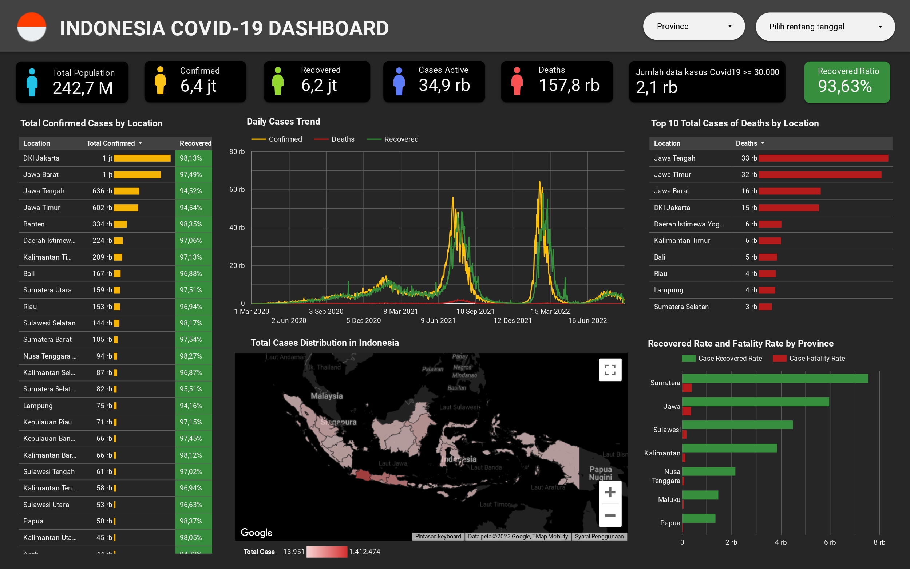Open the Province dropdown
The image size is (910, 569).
click(x=693, y=26)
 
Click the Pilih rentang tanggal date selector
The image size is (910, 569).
click(x=824, y=27)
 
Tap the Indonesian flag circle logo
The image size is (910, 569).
click(x=32, y=27)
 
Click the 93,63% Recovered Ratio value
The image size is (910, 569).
click(x=844, y=87)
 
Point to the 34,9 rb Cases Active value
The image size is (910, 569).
click(x=444, y=86)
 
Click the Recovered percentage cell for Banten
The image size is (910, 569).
click(x=191, y=224)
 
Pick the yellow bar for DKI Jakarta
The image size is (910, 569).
click(x=142, y=158)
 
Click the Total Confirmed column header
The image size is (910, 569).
click(x=111, y=143)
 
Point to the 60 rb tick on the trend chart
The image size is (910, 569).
click(x=237, y=190)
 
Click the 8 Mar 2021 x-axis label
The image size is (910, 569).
click(x=400, y=312)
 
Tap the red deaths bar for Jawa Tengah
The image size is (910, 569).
click(x=823, y=158)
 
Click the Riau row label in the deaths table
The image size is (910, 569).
click(x=660, y=274)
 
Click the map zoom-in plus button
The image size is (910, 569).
click(x=610, y=492)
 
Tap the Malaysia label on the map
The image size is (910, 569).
click(x=327, y=396)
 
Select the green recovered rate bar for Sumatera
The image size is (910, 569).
click(x=775, y=379)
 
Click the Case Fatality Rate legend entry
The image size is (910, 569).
click(x=817, y=359)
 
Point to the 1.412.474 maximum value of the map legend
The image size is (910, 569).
click(x=364, y=552)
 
